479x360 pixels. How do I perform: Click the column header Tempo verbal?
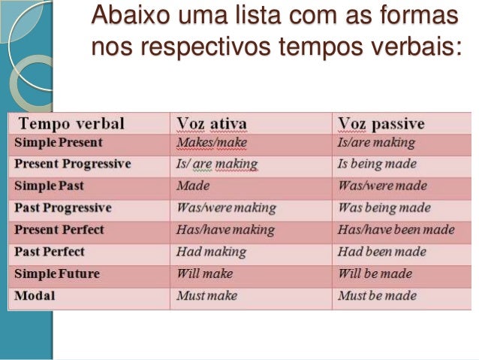tap(71, 123)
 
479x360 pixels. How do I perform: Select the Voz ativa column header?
tap(212, 123)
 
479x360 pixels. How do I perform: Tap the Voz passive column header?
tap(381, 123)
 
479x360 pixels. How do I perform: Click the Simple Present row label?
tap(58, 142)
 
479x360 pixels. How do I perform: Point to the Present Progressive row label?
tap(72, 164)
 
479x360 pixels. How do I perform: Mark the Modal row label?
tap(34, 295)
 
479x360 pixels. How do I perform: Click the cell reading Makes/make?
tap(211, 142)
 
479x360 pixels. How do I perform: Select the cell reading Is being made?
tap(377, 164)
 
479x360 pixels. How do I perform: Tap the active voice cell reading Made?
tap(193, 186)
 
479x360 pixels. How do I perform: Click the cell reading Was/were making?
tap(226, 207)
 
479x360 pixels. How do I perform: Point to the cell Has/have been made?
tap(396, 230)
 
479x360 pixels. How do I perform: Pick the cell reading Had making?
tap(211, 252)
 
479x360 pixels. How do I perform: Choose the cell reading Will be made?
tap(375, 274)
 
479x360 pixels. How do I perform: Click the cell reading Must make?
tap(206, 295)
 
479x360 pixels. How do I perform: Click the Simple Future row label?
tap(56, 274)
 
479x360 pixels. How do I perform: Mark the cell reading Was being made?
tap(384, 207)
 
